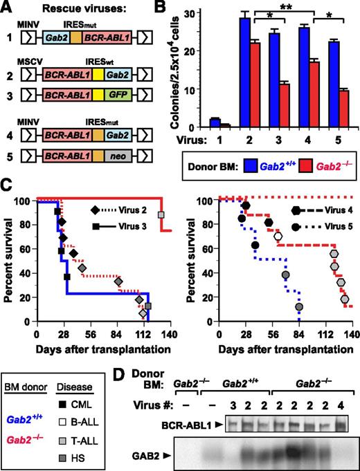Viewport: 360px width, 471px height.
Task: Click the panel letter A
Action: point(8,8)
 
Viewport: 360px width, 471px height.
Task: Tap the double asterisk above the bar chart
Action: point(283,12)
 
